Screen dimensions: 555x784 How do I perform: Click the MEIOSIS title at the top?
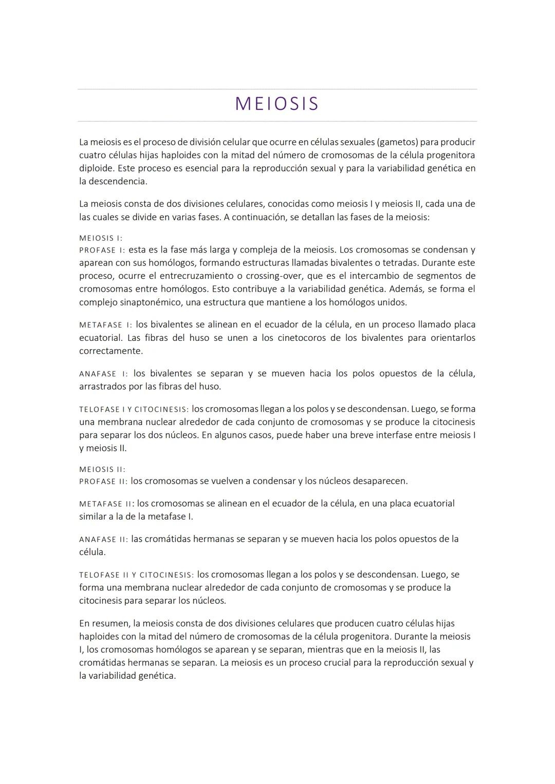coord(277,104)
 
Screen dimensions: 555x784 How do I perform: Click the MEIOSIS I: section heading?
coord(101,238)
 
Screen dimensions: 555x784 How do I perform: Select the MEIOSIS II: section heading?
coord(102,469)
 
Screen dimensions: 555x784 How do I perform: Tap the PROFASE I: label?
coord(102,251)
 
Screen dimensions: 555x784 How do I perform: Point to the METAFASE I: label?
coord(105,325)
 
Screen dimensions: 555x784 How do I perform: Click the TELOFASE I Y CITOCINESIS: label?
coord(134,410)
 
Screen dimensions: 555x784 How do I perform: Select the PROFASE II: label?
coord(103,482)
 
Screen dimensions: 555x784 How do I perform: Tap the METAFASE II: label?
coord(107,504)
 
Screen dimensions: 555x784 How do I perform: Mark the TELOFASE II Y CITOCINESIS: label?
coord(136,575)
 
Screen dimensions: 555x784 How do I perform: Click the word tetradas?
coord(400,263)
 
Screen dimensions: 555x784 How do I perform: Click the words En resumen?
coord(103,623)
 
